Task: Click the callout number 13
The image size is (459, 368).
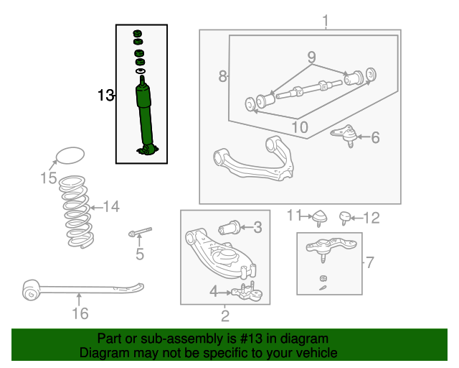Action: point(105,95)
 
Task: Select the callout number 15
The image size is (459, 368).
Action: point(48,178)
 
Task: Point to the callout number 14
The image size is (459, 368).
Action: point(110,207)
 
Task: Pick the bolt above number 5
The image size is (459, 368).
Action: point(141,232)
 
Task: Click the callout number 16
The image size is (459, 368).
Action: point(80,313)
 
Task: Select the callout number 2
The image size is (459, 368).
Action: point(224,314)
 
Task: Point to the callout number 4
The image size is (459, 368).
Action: point(214,290)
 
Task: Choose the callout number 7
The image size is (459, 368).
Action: point(369,262)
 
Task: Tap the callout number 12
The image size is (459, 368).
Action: point(371,218)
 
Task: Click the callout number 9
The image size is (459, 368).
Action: point(311,56)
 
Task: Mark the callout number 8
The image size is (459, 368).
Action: point(223,75)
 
